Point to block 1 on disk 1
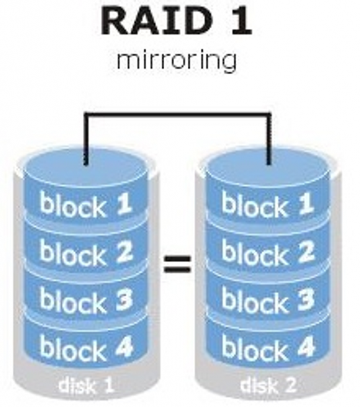[86, 205]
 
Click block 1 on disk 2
[268, 204]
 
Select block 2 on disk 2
[268, 253]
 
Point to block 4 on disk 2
[268, 348]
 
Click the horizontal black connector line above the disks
[177, 114]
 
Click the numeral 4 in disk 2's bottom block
[306, 347]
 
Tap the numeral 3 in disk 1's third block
[124, 300]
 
